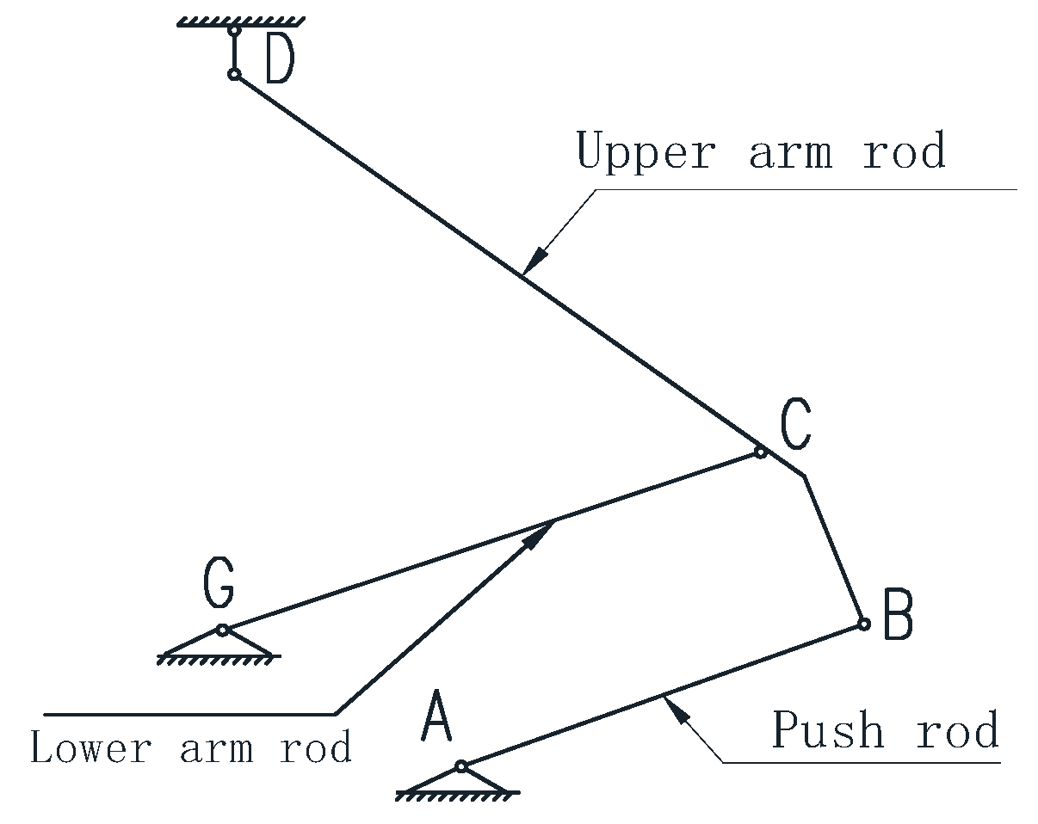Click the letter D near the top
click(x=279, y=60)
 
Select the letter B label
click(x=898, y=617)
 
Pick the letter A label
click(x=436, y=719)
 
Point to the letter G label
click(x=219, y=584)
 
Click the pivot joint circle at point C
click(x=760, y=452)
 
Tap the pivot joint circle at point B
click(x=863, y=624)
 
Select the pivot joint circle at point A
click(x=461, y=766)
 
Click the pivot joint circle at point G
click(x=222, y=630)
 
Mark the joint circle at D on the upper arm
click(x=233, y=75)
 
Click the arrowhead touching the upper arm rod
click(x=535, y=257)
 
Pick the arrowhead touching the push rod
click(x=677, y=710)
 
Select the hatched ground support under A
click(x=458, y=793)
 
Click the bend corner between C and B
click(x=804, y=475)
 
